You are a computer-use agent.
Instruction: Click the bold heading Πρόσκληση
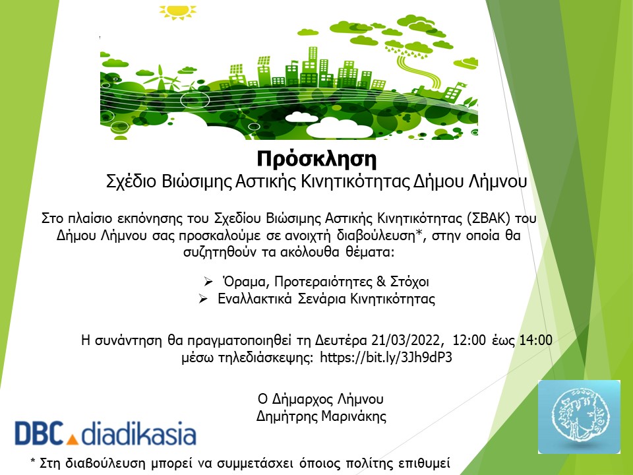pos(316,159)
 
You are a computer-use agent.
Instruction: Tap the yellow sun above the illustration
pos(177,11)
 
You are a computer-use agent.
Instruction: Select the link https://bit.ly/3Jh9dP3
pos(386,358)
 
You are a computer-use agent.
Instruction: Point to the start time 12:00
pos(469,340)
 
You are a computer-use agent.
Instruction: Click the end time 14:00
pos(535,340)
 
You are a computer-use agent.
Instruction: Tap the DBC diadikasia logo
pos(105,433)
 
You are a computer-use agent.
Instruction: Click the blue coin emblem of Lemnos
pos(579,417)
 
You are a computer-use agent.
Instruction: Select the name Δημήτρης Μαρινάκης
pos(321,416)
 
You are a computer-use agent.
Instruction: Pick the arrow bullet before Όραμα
pos(208,281)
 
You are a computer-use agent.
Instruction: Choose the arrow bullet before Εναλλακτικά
pos(203,299)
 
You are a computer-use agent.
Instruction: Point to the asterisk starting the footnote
pos(33,461)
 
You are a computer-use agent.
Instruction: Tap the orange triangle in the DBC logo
pos(72,439)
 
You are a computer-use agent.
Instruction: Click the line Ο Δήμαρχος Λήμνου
pos(320,399)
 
